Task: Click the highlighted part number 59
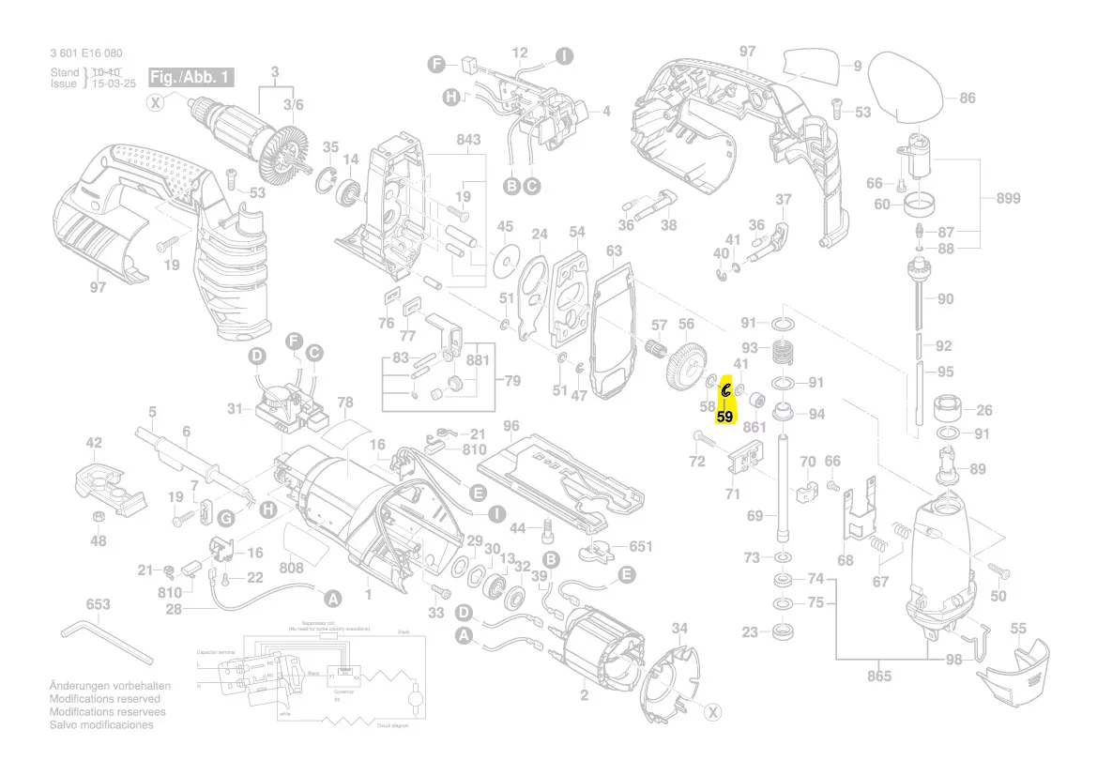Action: pyautogui.click(x=724, y=416)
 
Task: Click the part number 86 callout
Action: pyautogui.click(x=967, y=98)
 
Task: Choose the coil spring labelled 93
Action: pyautogui.click(x=783, y=354)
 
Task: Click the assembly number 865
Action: pyautogui.click(x=879, y=676)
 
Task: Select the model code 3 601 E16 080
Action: pyautogui.click(x=85, y=53)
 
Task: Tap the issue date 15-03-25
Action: pyautogui.click(x=114, y=84)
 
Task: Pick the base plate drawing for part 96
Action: pyautogui.click(x=560, y=479)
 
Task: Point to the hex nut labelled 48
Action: pyautogui.click(x=98, y=519)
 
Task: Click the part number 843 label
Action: pyautogui.click(x=468, y=140)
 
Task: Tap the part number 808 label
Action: pyautogui.click(x=292, y=568)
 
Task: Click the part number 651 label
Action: pyautogui.click(x=640, y=545)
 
